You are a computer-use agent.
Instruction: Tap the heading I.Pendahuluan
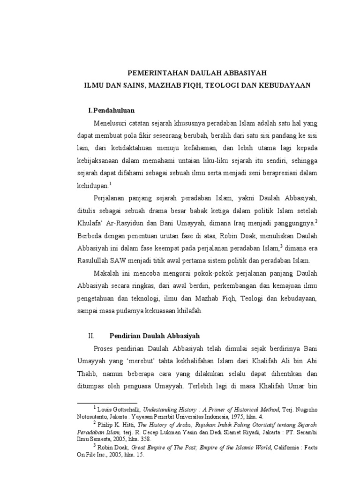[112, 111]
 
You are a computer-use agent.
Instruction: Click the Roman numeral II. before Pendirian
[91, 336]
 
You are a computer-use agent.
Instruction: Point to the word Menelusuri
[111, 123]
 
